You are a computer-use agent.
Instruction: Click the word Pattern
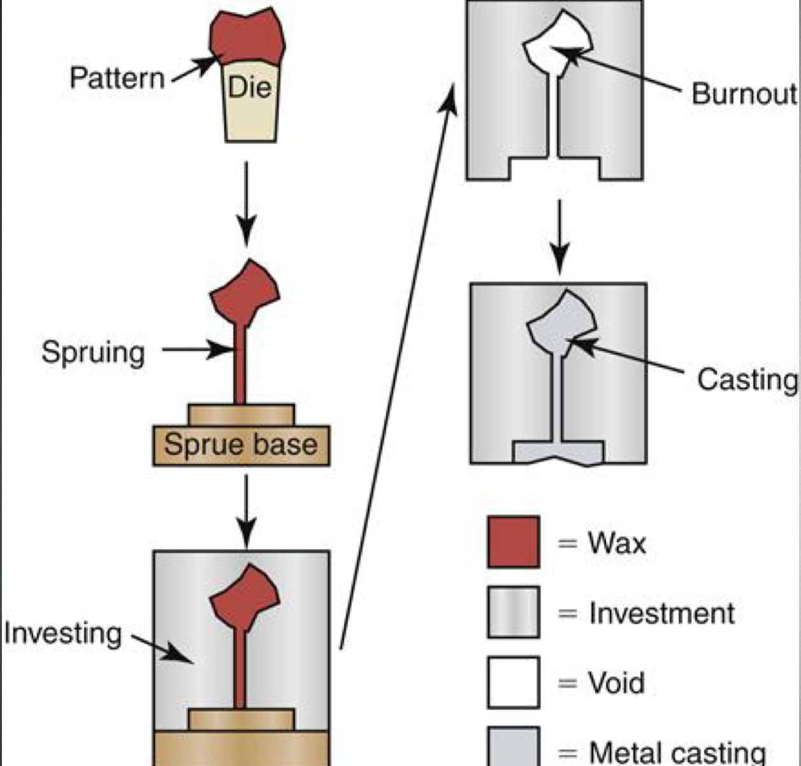117,78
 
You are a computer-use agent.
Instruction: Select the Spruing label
93,352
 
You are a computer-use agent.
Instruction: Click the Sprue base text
241,445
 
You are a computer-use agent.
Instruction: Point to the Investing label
62,633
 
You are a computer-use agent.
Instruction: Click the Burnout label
744,94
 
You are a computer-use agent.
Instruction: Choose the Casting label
747,379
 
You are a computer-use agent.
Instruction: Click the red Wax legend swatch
513,542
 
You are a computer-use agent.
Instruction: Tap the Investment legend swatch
513,612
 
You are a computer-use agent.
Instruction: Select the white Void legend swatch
513,682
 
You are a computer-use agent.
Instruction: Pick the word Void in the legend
616,683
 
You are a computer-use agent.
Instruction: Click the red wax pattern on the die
247,37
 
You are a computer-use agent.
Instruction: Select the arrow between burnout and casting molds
559,236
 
